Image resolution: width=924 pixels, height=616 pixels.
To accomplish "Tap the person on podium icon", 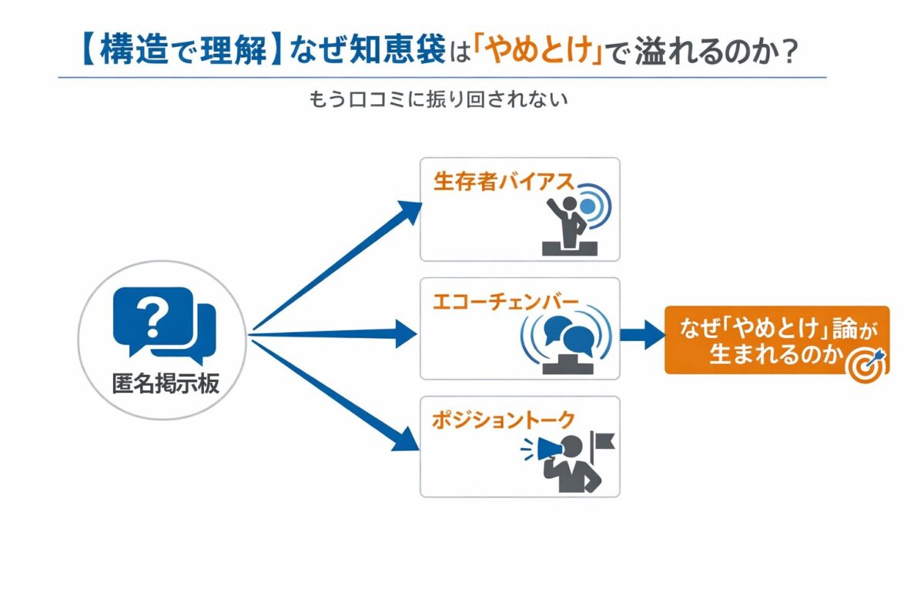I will (570, 223).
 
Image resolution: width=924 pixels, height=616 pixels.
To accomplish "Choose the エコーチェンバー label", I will (504, 301).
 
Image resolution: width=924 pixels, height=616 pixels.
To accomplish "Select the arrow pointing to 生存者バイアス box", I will (339, 266).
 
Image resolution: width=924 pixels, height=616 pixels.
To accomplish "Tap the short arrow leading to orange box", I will (642, 334).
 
